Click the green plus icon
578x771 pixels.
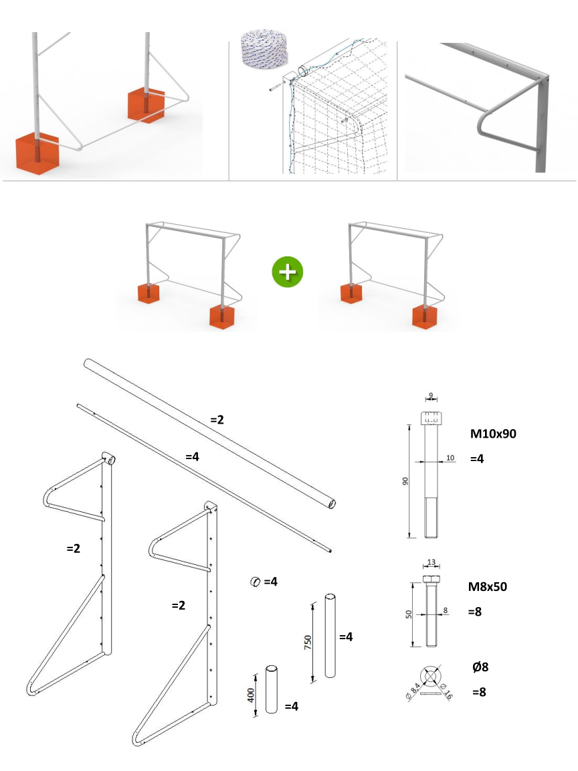tap(288, 272)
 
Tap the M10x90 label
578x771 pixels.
tap(493, 434)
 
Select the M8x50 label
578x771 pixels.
tap(487, 587)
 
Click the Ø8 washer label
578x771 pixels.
tap(480, 667)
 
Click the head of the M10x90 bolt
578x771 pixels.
tap(431, 418)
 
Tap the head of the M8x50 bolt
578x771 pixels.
tap(431, 578)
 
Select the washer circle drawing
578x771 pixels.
tap(431, 676)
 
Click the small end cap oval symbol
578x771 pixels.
tap(255, 582)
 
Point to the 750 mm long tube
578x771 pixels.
tap(330, 635)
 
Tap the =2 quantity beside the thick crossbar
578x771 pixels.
tap(217, 420)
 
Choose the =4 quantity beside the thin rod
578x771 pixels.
tap(193, 456)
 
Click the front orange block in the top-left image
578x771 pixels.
tap(37, 155)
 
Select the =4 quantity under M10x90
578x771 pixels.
tap(476, 459)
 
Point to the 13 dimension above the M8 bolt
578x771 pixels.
tap(431, 563)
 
